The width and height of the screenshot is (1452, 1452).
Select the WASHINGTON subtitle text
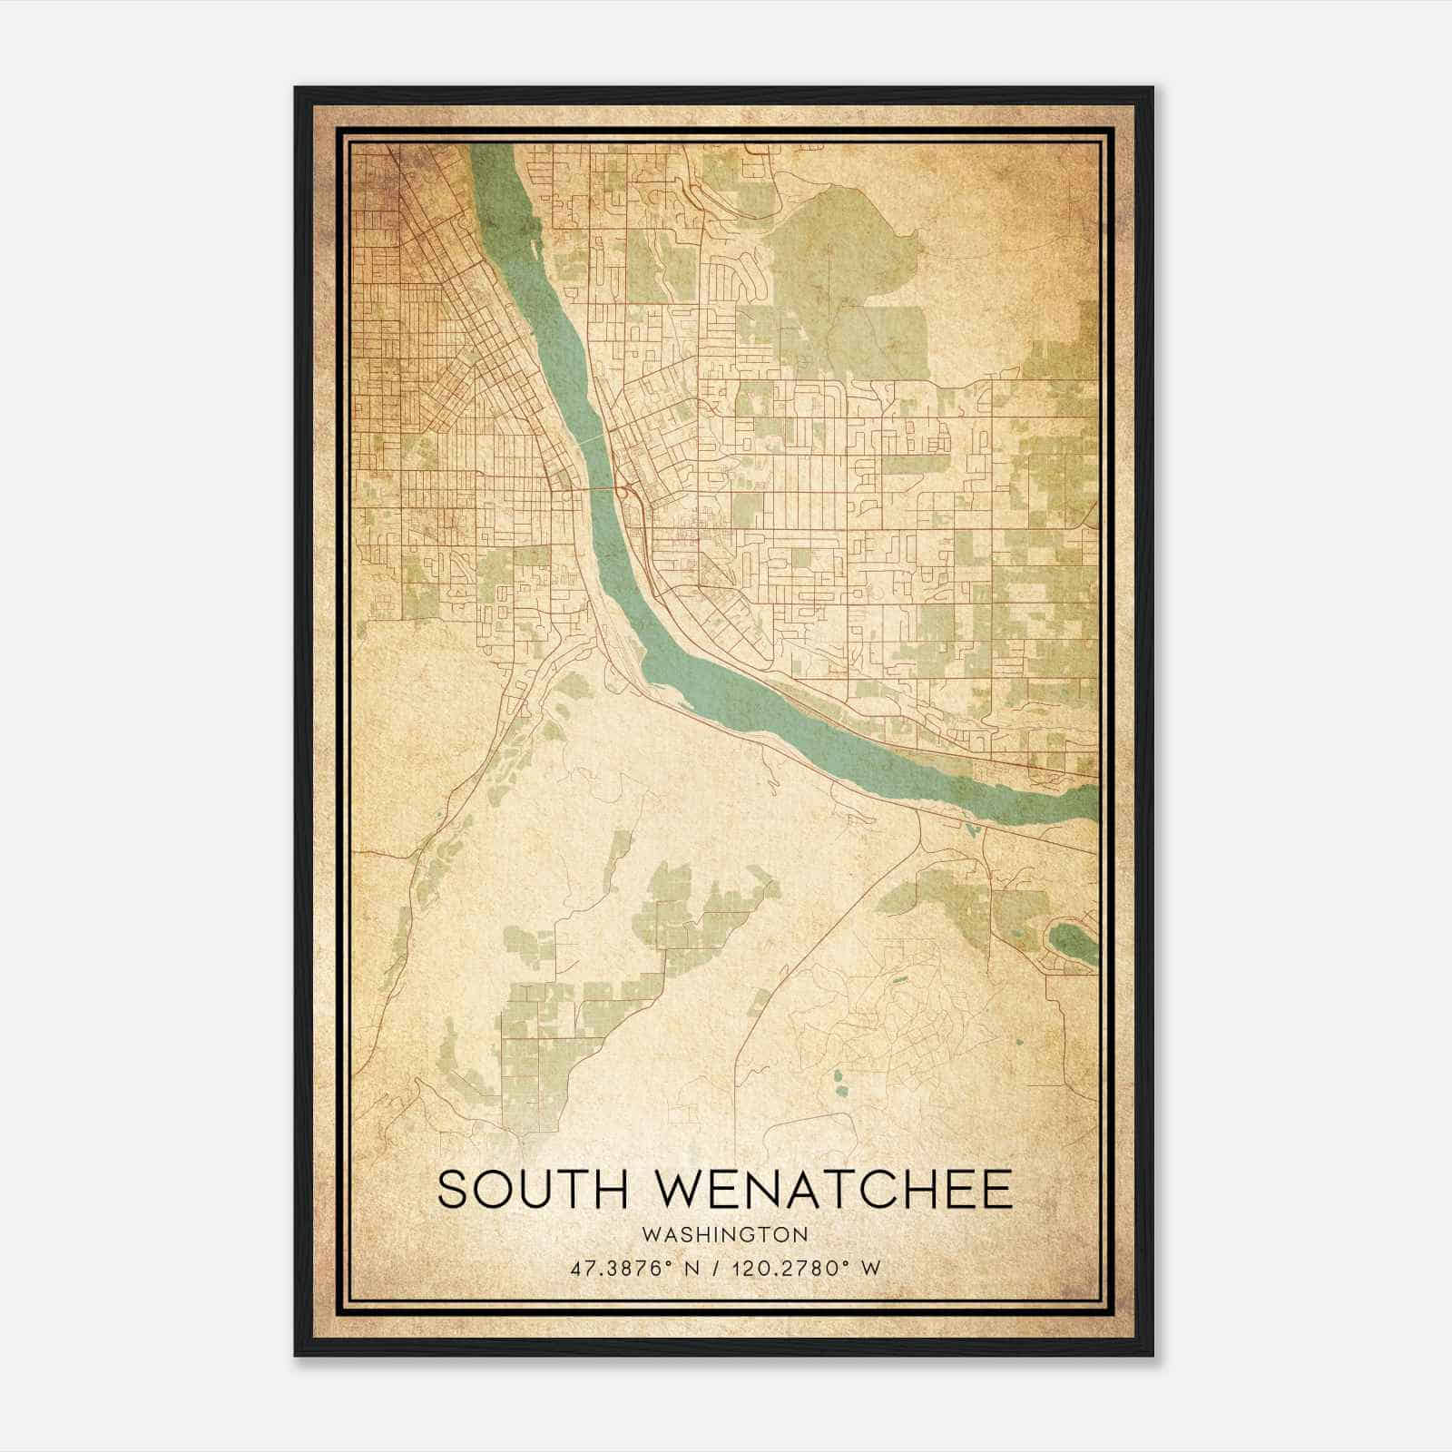725,1234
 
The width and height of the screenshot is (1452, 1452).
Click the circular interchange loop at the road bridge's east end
626,491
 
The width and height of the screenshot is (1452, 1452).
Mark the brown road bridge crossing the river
596,488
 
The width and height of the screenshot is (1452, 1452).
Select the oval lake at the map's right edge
1074,941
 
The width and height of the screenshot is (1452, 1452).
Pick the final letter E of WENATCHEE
996,1190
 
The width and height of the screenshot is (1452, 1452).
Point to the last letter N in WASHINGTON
800,1234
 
